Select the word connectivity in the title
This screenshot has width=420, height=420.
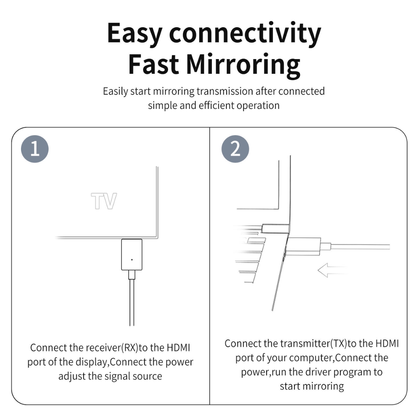[245, 33]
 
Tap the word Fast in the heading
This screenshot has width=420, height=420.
[154, 64]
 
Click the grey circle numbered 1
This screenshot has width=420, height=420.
[35, 149]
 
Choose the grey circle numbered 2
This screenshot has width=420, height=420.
[235, 149]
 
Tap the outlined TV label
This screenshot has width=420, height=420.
[104, 201]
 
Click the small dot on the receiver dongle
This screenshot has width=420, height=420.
[132, 259]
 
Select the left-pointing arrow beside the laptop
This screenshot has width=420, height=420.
[332, 270]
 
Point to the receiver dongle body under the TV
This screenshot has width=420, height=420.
[132, 254]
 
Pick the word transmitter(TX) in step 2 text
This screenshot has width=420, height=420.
[314, 344]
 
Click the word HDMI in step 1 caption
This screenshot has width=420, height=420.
[178, 348]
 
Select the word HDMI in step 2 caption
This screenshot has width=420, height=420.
[387, 344]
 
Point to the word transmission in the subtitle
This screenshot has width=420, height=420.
[225, 91]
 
